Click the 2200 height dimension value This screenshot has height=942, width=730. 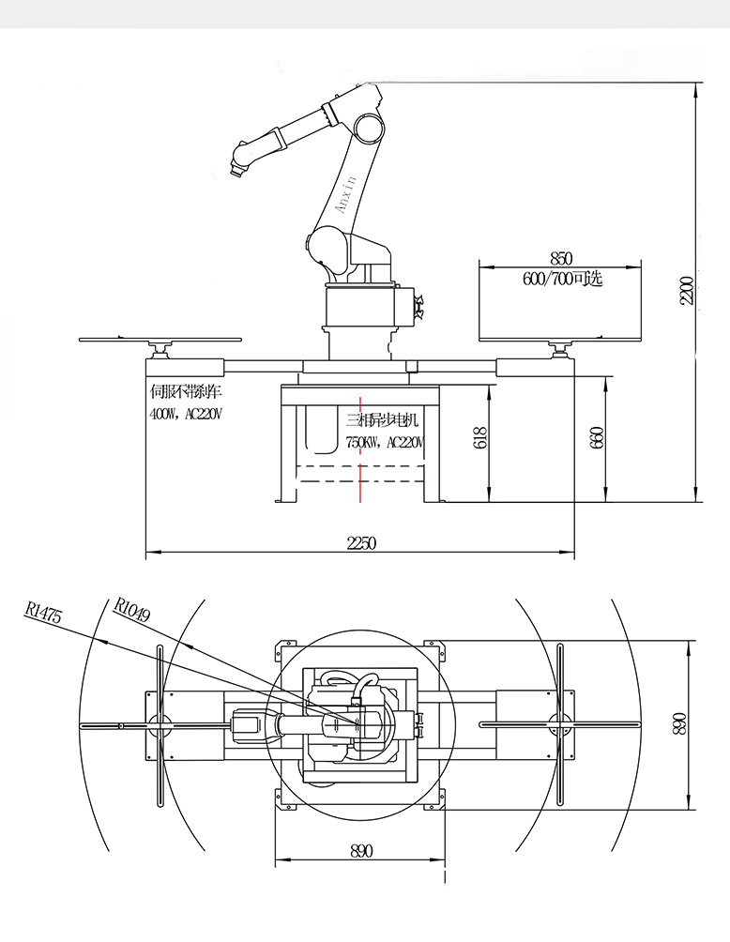coord(687,291)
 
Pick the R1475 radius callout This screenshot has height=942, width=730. coord(44,614)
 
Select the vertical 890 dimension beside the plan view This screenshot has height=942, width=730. coord(680,722)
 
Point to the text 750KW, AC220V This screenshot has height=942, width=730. coord(385,442)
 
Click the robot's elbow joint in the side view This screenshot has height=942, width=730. coord(368,126)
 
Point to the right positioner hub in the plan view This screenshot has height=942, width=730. coord(560,723)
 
